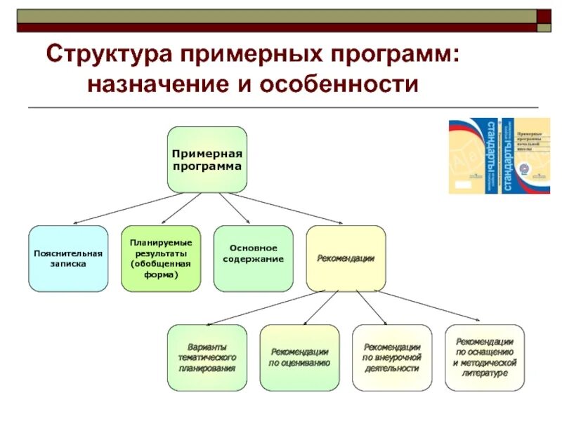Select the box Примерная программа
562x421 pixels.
[207, 160]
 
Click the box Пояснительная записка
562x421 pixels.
[68, 258]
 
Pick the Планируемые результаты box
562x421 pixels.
[161, 258]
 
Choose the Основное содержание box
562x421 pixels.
[254, 258]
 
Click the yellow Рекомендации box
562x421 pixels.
[346, 258]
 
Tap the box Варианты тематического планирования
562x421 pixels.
[207, 357]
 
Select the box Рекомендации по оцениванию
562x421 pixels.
[299, 357]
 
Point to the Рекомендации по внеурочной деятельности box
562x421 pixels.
[392, 357]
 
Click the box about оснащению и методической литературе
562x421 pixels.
[485, 357]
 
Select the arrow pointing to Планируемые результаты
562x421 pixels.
[182, 209]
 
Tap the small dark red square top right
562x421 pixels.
[544, 15]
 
